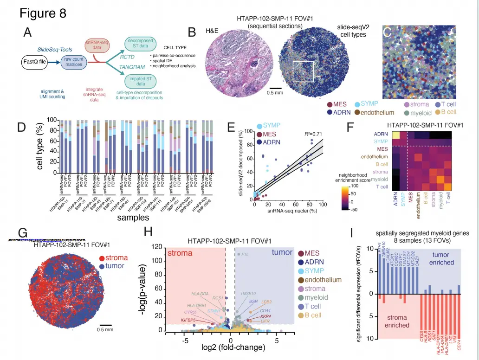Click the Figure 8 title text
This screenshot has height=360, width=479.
pyautogui.click(x=43, y=13)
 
